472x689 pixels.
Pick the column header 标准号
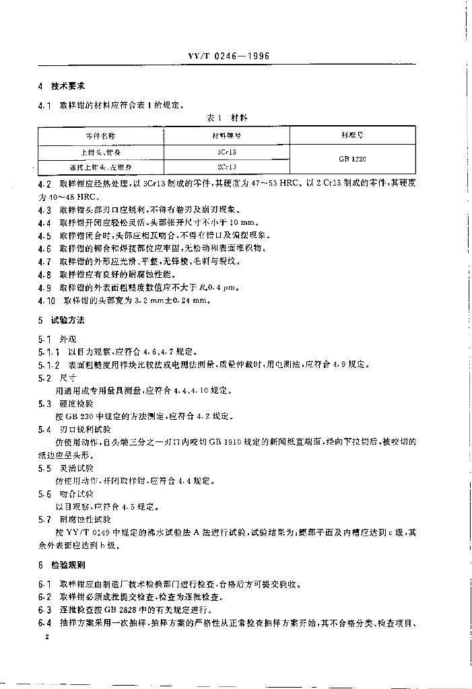(352, 135)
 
